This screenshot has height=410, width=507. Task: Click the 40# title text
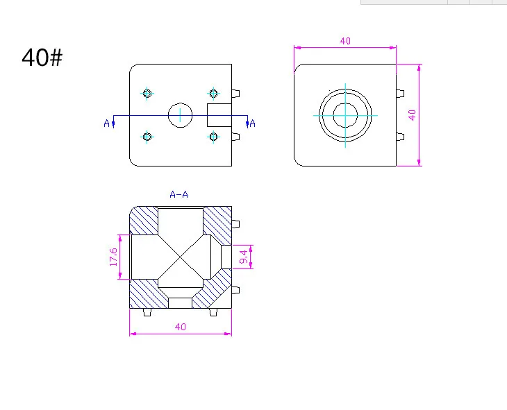(42, 58)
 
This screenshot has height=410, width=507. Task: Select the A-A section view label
(178, 194)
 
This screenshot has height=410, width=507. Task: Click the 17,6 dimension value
(113, 257)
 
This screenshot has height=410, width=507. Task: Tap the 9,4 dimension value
(244, 257)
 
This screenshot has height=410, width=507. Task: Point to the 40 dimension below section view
(181, 327)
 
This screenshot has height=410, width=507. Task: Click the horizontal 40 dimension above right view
(345, 41)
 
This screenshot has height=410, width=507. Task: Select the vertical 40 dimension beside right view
(412, 115)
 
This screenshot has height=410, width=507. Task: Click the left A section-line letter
(107, 123)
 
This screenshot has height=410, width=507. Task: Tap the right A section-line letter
(253, 123)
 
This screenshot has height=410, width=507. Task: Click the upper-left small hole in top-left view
(147, 94)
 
